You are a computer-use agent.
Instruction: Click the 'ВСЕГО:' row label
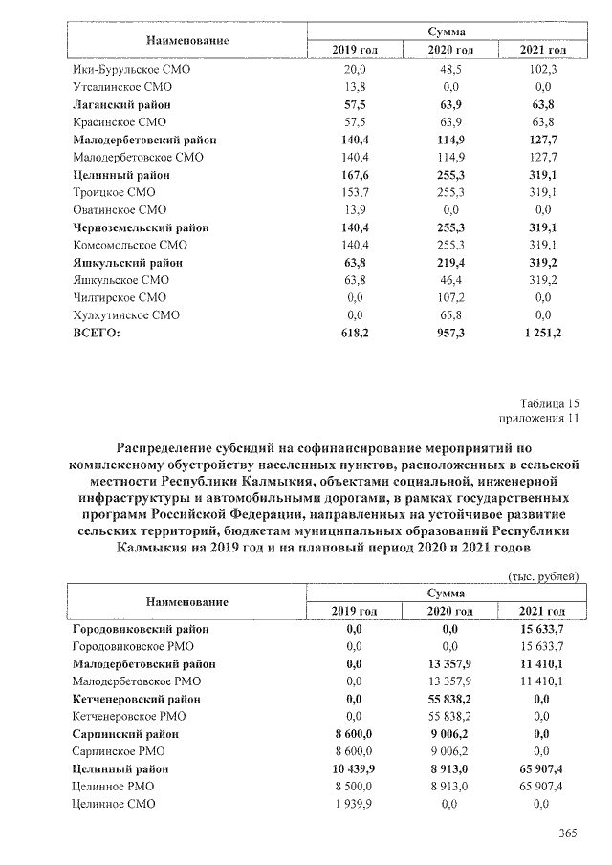coord(98,333)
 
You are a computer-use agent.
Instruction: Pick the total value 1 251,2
coord(542,333)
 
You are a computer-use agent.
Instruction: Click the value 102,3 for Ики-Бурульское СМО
coord(542,69)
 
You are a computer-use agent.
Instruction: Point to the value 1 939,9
coord(354,804)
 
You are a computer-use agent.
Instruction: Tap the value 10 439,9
coord(354,768)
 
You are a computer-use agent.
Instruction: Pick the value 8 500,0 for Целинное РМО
coord(354,786)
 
